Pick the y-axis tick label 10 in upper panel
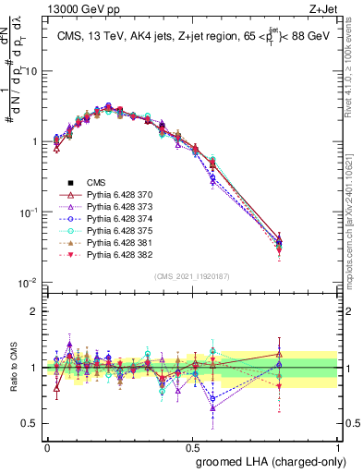pos(32,71)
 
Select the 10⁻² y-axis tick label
pos(30,283)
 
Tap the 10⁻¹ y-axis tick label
pos(30,212)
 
